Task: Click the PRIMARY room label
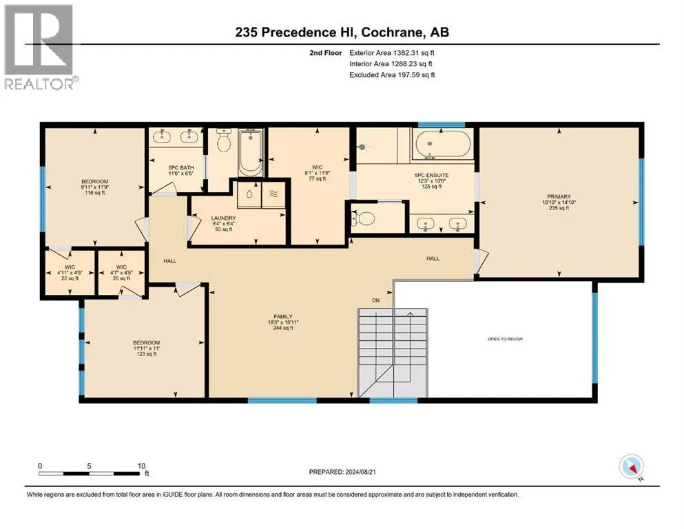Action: (559, 197)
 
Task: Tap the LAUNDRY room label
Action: (223, 218)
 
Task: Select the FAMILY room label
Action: (283, 317)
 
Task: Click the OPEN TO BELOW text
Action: (505, 339)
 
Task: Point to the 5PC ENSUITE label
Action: (431, 176)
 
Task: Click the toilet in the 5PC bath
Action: (224, 141)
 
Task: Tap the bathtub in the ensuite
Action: (443, 145)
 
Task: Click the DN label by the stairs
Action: (376, 300)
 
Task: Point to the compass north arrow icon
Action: (631, 467)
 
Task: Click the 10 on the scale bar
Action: (141, 466)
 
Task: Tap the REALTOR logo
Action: (41, 47)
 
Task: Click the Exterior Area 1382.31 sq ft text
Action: (392, 53)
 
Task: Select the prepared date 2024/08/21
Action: (360, 472)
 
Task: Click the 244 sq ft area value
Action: (283, 328)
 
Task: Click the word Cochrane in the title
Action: (392, 32)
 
